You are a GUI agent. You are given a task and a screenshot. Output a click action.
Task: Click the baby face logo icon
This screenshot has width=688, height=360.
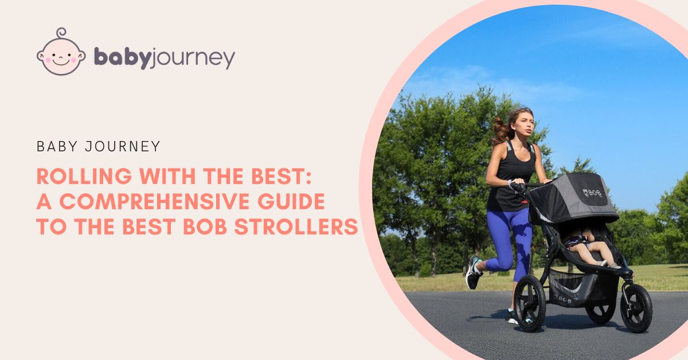click(x=60, y=53)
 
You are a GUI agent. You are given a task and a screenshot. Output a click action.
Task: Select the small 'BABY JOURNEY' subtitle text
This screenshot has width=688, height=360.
click(x=98, y=146)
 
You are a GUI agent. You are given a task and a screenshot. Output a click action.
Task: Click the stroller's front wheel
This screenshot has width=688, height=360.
click(x=636, y=307)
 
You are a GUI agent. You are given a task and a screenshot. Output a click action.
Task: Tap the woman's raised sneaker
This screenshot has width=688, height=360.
click(x=474, y=272)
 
